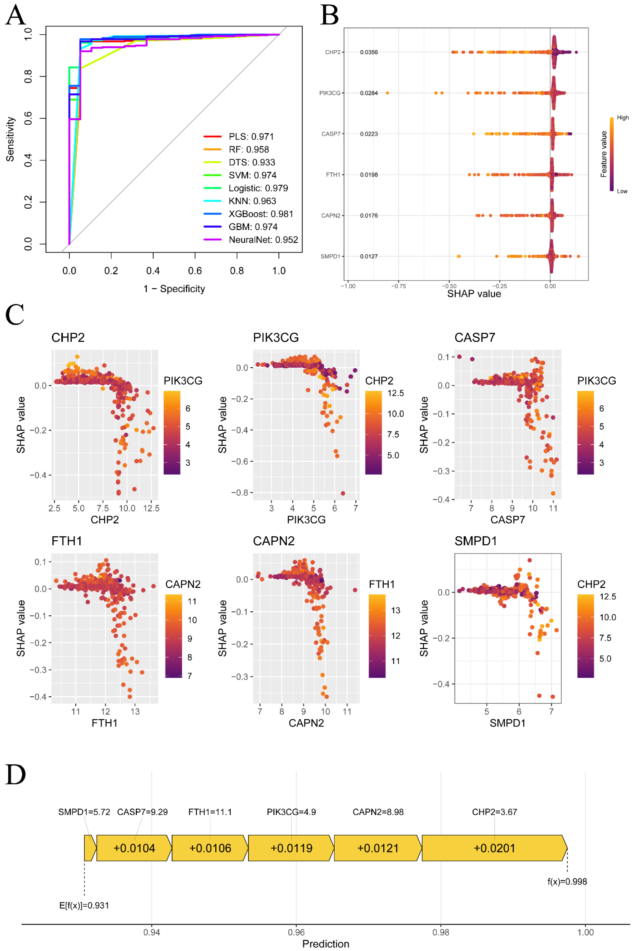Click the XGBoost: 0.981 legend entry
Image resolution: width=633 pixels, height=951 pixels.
pyautogui.click(x=248, y=214)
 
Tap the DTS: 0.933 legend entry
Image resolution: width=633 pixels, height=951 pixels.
pyautogui.click(x=239, y=162)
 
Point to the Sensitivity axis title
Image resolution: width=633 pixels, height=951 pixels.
pyautogui.click(x=10, y=139)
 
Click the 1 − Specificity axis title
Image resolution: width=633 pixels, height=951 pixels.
pyautogui.click(x=174, y=289)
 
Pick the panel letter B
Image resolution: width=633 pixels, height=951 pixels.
pyautogui.click(x=329, y=15)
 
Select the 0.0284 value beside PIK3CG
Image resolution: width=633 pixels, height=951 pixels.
pyautogui.click(x=369, y=93)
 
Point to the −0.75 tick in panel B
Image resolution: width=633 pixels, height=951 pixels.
pyautogui.click(x=398, y=286)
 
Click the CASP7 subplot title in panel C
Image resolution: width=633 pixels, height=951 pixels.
pyautogui.click(x=475, y=338)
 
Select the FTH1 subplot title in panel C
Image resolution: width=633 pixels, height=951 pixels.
pyautogui.click(x=67, y=541)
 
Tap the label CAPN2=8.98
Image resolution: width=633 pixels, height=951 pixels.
pyautogui.click(x=378, y=812)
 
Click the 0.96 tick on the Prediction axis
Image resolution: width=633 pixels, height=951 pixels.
pyautogui.click(x=296, y=932)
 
